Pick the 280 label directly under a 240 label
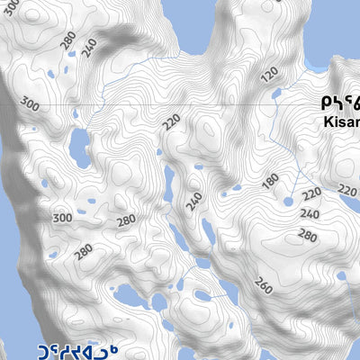point(307,236)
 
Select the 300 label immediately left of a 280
point(62,218)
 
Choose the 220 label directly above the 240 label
point(311,193)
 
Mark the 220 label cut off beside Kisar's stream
point(348,190)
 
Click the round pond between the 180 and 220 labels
point(288,202)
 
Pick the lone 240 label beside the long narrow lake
point(193,202)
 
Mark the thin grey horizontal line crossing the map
point(180,105)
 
